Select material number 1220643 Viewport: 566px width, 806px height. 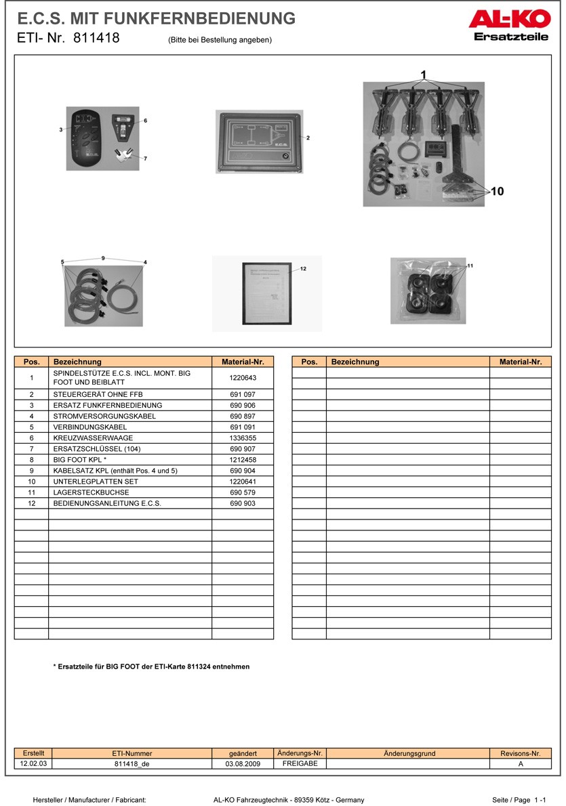point(243,377)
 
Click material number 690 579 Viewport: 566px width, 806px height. point(243,492)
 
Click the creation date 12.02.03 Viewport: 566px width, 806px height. point(33,763)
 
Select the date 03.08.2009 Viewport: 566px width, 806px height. point(243,764)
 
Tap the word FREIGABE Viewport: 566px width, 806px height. point(300,763)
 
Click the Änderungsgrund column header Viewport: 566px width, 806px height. point(409,753)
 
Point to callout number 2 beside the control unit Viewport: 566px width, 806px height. point(308,138)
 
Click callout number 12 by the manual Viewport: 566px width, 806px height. point(303,269)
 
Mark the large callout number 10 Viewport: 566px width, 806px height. point(497,192)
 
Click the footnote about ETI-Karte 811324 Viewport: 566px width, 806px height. point(151,666)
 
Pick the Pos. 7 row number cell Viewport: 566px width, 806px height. point(31,449)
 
